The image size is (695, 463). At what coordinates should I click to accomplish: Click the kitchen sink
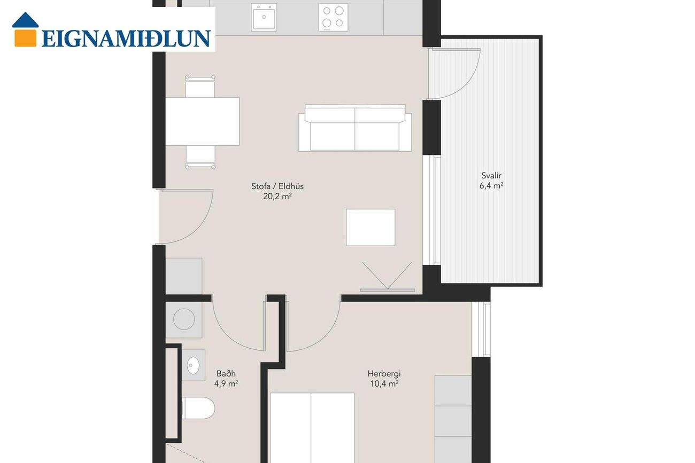tap(264, 17)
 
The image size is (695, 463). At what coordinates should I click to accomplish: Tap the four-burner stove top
tap(333, 17)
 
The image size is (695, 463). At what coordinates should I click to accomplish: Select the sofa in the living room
tap(355, 128)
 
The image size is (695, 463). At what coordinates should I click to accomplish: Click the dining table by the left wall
tap(202, 121)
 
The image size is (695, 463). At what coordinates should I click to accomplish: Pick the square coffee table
tap(370, 227)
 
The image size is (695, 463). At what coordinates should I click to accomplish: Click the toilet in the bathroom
tap(198, 408)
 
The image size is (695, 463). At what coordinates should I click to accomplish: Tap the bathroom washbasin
tap(194, 365)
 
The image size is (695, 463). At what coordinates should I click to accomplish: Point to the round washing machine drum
tap(184, 319)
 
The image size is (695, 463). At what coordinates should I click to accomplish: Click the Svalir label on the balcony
tap(491, 175)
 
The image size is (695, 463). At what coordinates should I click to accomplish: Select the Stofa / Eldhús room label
tap(277, 186)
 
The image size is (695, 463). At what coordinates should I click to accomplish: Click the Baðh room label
tap(226, 373)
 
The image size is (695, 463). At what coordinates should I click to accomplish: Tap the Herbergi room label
tap(384, 373)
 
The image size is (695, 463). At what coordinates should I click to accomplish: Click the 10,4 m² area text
tap(384, 383)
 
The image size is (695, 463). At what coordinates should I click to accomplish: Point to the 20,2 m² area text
tap(277, 196)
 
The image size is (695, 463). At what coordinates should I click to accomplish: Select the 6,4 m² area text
tap(491, 186)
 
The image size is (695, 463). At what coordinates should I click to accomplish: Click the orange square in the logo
tap(26, 37)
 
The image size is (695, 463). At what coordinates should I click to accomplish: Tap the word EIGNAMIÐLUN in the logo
tap(126, 38)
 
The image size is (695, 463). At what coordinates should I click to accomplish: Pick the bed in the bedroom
tap(312, 428)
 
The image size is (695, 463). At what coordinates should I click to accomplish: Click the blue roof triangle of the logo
tap(26, 20)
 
